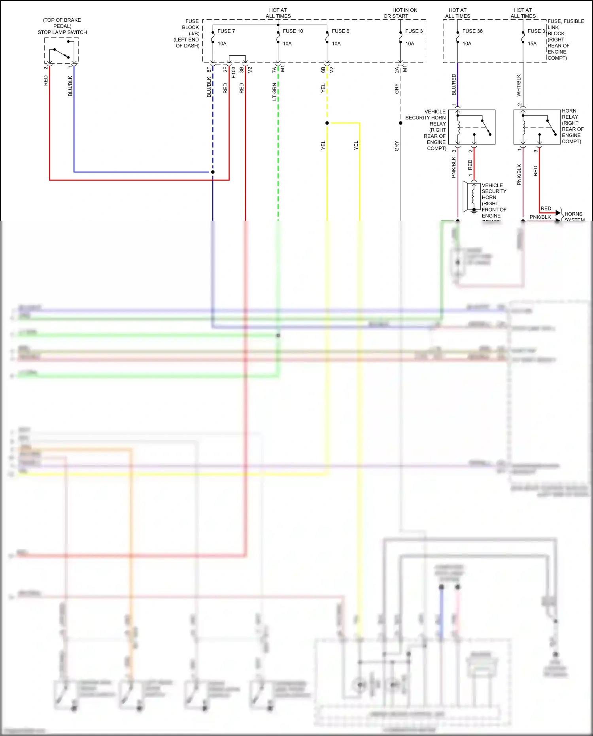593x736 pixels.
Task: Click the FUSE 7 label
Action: tap(226, 31)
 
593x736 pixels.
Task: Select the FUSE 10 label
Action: tap(293, 31)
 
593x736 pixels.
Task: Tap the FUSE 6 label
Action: tap(340, 31)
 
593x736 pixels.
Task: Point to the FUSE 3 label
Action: tap(414, 31)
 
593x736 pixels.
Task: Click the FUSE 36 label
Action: tap(472, 31)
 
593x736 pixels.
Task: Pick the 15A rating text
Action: tap(532, 44)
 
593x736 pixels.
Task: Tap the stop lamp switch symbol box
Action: tap(61, 50)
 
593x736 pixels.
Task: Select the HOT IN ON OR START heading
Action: tap(400, 13)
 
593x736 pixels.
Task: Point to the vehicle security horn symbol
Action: tap(472, 197)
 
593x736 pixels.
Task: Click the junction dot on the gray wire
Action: tap(400, 123)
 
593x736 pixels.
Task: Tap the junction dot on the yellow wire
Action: tap(327, 123)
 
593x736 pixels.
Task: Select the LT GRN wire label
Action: tap(274, 91)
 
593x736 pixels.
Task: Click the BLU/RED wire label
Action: tap(454, 84)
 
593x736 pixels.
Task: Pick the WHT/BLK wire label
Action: tap(519, 85)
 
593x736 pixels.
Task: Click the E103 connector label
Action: tap(233, 72)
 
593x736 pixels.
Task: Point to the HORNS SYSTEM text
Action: tap(574, 217)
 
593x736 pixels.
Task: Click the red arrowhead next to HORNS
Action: tap(558, 213)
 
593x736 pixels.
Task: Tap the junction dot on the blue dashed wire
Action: tap(213, 172)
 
